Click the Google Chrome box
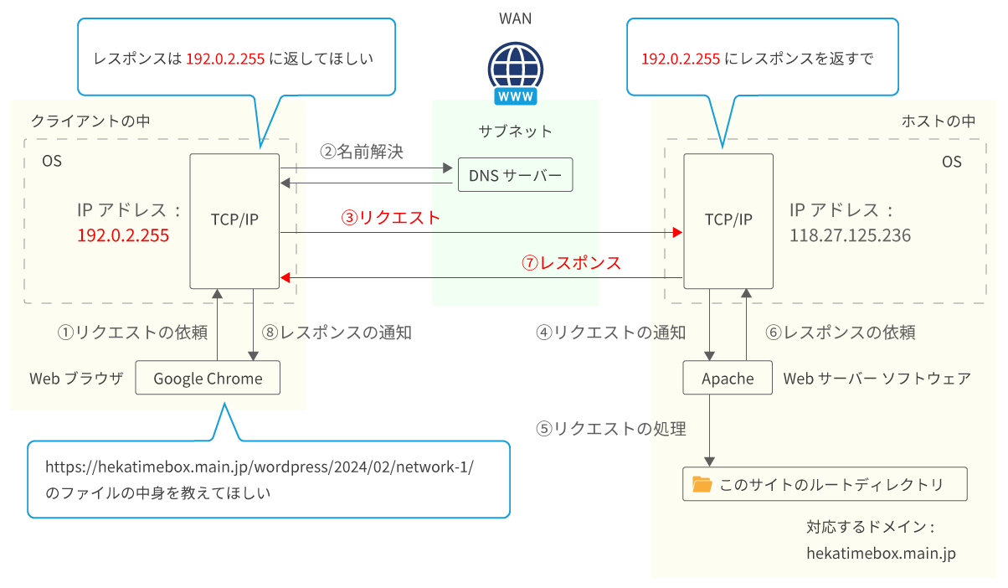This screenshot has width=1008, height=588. [208, 379]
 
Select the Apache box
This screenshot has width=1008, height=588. [727, 379]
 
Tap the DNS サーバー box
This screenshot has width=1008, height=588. [515, 176]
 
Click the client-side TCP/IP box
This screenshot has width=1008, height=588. [234, 220]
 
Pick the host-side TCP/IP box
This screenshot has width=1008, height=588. [728, 220]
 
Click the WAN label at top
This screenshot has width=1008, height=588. [515, 18]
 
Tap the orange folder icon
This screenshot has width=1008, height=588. [702, 484]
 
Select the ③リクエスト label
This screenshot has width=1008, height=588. [389, 218]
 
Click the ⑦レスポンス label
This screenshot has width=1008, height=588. [571, 263]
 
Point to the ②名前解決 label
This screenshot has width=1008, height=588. [362, 152]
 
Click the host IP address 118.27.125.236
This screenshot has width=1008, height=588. [850, 236]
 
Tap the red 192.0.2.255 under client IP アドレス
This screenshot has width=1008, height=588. [123, 236]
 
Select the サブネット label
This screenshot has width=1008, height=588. [515, 131]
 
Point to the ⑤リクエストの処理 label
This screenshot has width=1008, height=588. [610, 429]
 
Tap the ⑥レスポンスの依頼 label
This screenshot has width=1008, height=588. [840, 333]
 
